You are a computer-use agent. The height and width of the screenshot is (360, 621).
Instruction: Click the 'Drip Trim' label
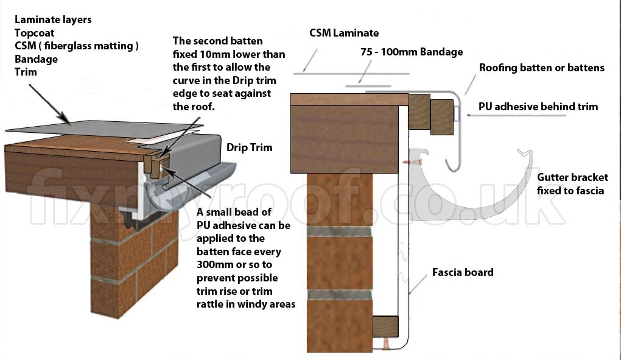coord(249,147)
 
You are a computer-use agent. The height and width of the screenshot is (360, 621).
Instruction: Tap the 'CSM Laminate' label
coord(344,33)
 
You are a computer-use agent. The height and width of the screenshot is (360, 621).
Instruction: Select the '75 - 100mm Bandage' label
coord(412,52)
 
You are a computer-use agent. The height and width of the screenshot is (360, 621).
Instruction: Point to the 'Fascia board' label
coord(463,272)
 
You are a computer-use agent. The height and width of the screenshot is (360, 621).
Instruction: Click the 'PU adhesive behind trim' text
coord(538,107)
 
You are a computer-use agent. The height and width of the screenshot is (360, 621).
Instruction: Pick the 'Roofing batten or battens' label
coord(542,68)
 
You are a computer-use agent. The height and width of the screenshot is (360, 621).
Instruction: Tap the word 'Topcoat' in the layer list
coord(35,33)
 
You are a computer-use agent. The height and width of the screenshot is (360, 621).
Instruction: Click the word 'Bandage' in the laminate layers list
coord(36,59)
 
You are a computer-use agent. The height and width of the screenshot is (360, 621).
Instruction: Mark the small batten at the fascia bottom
coord(385,326)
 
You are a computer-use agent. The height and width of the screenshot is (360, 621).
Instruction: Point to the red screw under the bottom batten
coord(386,344)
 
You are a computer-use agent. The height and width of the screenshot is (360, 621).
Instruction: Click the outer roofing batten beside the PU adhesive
coord(441,117)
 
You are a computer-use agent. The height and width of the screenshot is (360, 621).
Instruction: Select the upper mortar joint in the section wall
coord(339,231)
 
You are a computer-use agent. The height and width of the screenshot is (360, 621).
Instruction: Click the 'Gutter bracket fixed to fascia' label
coord(572,184)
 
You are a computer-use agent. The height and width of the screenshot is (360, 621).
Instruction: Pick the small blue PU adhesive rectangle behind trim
coord(457,113)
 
